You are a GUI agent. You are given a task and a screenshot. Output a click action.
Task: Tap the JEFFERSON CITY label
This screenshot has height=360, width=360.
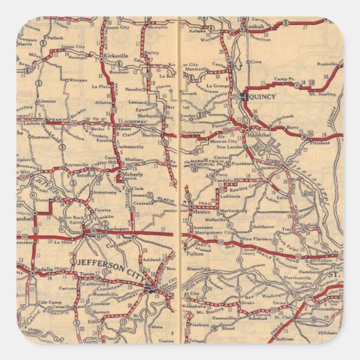click(x=103, y=263)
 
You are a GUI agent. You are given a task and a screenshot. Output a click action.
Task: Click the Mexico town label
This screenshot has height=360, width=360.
click(x=202, y=212)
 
